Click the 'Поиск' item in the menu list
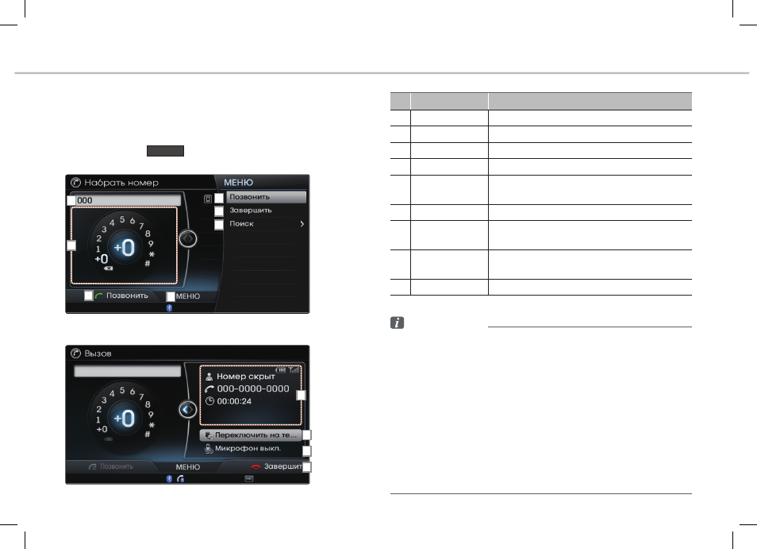(241, 224)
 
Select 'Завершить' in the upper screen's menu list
(251, 211)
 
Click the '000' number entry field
(128, 200)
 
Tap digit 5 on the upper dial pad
(122, 219)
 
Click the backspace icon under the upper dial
(108, 269)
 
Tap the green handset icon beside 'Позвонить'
(99, 296)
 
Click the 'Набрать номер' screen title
(121, 183)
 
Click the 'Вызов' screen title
(98, 354)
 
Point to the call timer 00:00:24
(234, 401)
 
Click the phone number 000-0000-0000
(253, 389)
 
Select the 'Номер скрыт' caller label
(246, 376)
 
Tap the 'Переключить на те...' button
(251, 435)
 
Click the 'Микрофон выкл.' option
(248, 448)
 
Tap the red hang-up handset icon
(256, 467)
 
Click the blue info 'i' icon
(397, 323)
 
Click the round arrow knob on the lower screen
(188, 409)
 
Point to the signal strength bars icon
(294, 370)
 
